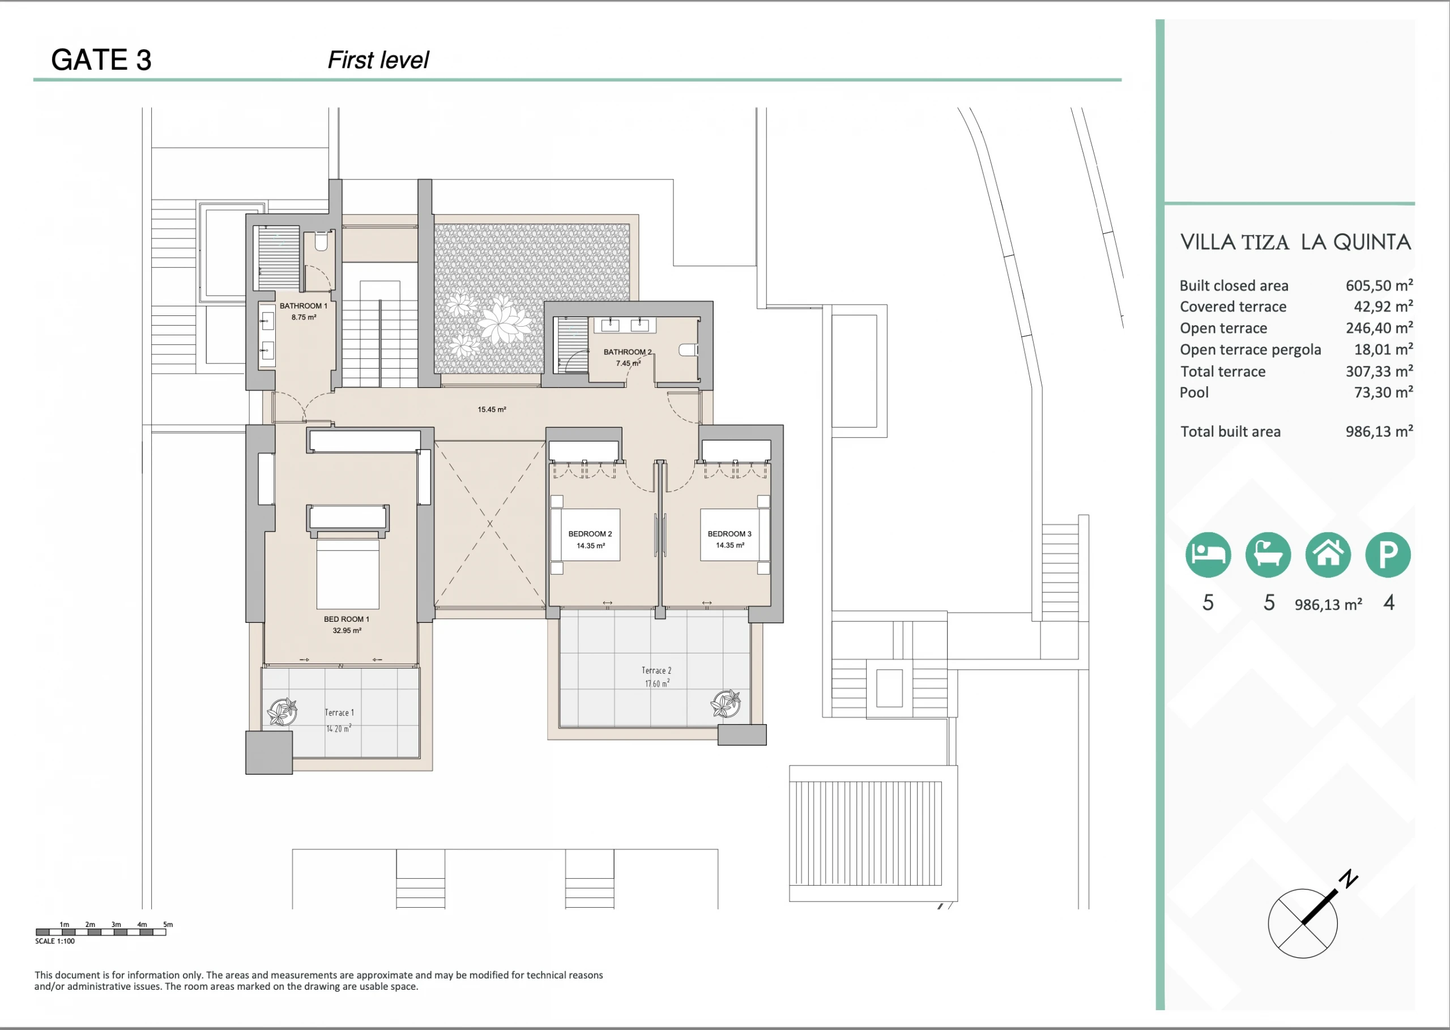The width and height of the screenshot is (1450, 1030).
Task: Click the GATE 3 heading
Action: (101, 60)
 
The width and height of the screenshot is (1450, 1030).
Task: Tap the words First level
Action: (378, 60)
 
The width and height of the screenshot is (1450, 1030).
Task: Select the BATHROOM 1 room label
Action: (303, 306)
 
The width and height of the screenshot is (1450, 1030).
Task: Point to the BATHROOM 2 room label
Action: (628, 352)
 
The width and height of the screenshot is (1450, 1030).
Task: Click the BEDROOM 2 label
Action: (590, 534)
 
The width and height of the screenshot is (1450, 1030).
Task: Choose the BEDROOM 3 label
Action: (730, 534)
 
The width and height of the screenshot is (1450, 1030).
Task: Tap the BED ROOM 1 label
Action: (346, 619)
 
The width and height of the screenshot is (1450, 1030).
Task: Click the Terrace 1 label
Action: (339, 713)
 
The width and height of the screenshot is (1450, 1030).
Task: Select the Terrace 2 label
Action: (656, 670)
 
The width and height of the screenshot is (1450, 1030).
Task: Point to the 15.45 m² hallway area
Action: (492, 410)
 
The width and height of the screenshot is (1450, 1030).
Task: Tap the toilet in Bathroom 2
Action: (688, 349)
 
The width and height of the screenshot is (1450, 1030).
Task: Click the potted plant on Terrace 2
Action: (726, 703)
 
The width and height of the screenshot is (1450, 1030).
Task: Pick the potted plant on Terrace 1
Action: (282, 711)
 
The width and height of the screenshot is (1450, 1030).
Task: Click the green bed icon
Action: (1208, 554)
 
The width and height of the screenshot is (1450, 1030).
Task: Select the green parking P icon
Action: (1388, 554)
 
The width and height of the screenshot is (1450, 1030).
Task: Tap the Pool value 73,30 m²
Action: (1383, 392)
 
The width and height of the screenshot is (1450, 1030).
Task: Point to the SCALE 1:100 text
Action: (55, 941)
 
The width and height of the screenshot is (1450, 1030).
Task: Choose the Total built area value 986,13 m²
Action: (1379, 431)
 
